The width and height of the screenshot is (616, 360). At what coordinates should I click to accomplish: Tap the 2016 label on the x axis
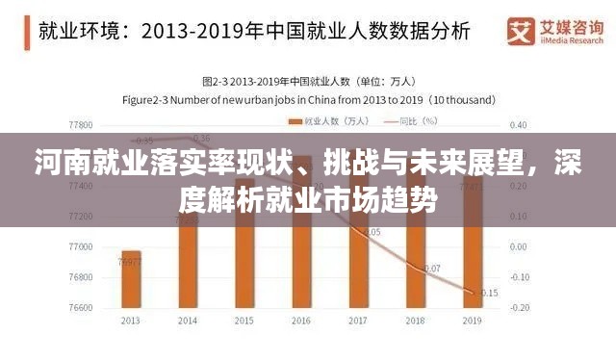coord(302,321)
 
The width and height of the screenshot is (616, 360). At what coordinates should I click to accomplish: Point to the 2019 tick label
coord(473,321)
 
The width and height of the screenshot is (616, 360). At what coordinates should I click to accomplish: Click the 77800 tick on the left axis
coord(81,125)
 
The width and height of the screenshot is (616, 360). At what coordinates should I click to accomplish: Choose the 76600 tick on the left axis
coord(81,307)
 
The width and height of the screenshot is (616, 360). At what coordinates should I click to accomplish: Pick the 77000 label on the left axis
coord(81,247)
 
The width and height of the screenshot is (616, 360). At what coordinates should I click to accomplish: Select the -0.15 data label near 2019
coord(488,293)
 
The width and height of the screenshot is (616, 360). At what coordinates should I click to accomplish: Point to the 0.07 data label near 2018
coord(432,269)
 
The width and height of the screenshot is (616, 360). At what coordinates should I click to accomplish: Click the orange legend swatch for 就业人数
coord(297,121)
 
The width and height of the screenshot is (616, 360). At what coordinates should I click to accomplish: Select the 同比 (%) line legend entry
coord(410,121)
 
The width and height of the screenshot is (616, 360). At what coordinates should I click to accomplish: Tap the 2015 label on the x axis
coord(244,321)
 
